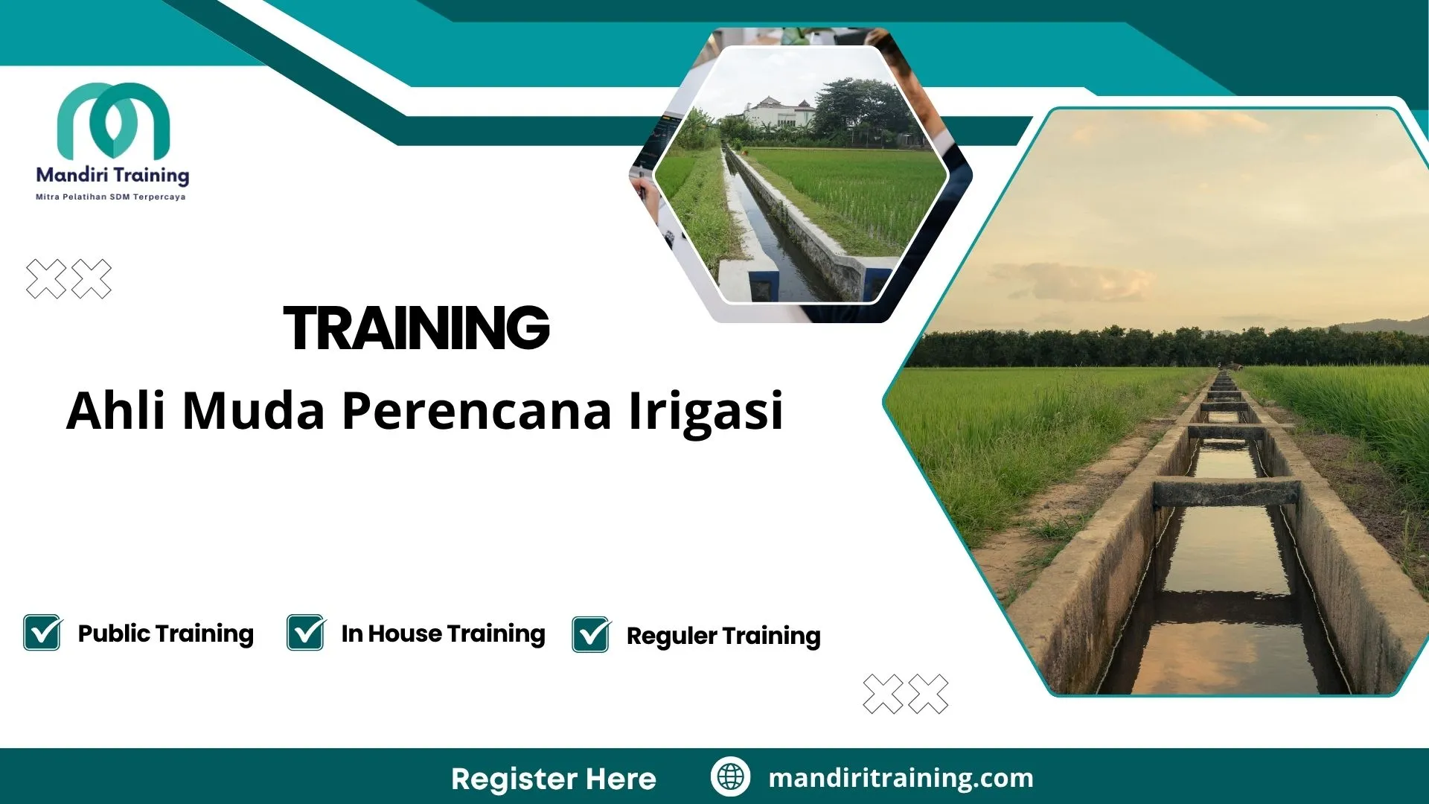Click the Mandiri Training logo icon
click(x=113, y=120)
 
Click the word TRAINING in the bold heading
click(x=416, y=328)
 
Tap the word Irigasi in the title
click(x=706, y=411)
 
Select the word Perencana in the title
click(x=476, y=411)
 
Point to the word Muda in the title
click(x=254, y=411)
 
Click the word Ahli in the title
click(x=115, y=411)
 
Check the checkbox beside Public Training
click(x=42, y=633)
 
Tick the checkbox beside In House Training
click(x=306, y=633)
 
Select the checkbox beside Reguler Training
click(x=591, y=635)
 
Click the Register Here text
click(x=554, y=779)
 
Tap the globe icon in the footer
click(x=730, y=776)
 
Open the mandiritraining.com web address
click(x=901, y=778)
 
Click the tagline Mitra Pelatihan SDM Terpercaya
click(x=111, y=197)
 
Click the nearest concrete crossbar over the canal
click(x=1226, y=491)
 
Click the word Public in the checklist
click(x=114, y=634)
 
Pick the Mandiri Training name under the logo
click(x=112, y=176)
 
